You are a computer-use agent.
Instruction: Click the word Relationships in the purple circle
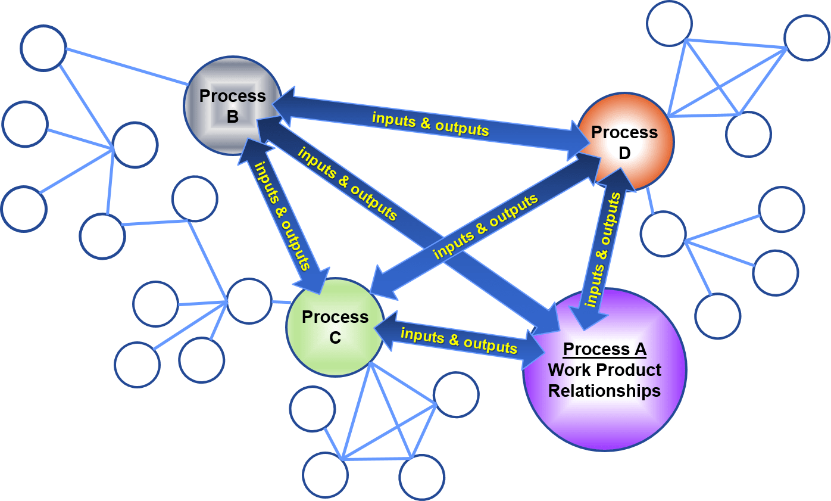(x=604, y=391)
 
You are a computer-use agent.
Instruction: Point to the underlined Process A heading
(x=604, y=349)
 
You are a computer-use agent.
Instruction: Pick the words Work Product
(x=604, y=370)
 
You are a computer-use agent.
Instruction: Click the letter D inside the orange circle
(x=624, y=153)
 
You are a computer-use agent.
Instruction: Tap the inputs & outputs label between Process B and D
(x=430, y=123)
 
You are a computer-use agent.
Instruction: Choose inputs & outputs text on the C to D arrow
(x=485, y=226)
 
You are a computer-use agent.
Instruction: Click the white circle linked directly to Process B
(x=43, y=48)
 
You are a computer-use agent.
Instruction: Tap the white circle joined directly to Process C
(x=249, y=301)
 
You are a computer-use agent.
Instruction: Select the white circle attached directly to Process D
(x=663, y=234)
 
